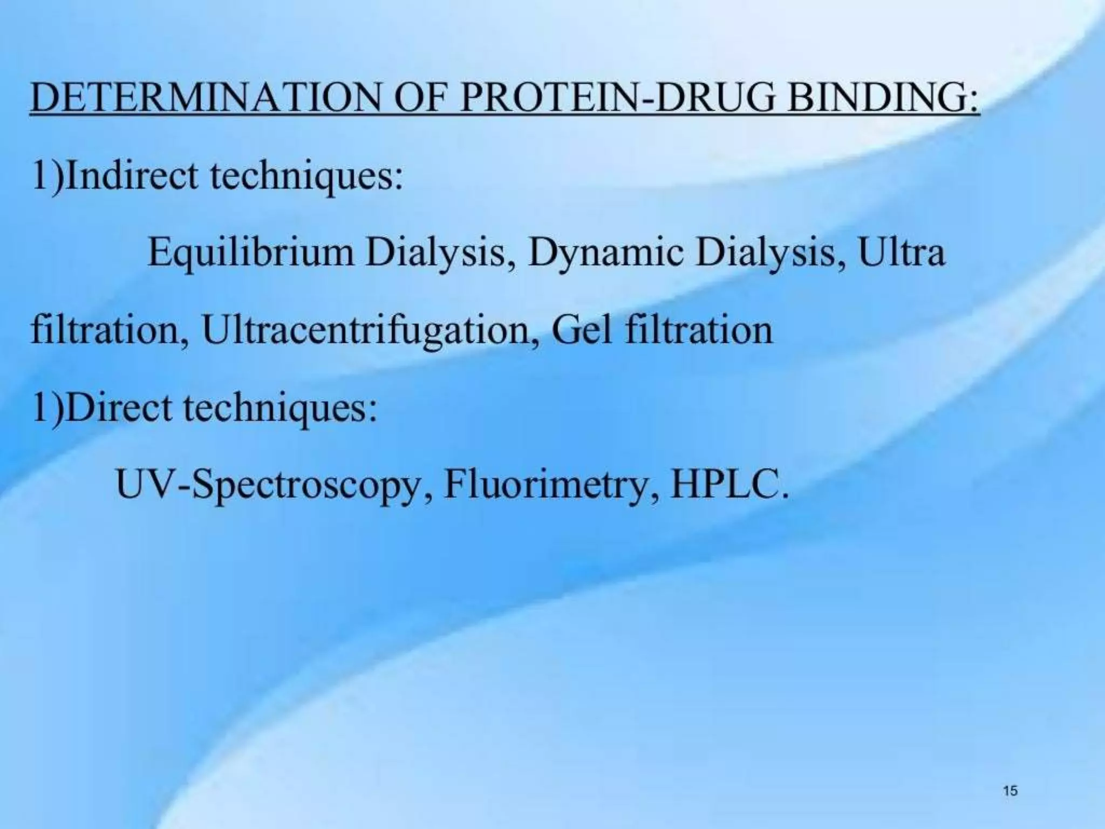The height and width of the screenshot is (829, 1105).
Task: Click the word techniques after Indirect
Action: [x=305, y=176]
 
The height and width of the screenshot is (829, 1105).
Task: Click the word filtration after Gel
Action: [x=699, y=330]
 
